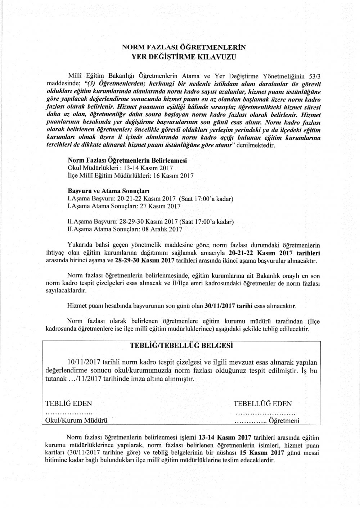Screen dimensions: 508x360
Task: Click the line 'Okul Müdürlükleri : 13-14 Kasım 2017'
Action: click(x=120, y=168)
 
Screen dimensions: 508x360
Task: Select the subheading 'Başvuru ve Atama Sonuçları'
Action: click(x=109, y=190)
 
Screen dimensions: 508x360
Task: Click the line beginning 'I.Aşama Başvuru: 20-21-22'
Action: click(x=151, y=199)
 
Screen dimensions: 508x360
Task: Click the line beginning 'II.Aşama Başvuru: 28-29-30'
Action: click(x=151, y=221)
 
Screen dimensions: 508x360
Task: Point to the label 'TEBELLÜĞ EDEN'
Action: click(x=263, y=404)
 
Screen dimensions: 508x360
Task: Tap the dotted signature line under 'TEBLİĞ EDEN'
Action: click(x=68, y=412)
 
